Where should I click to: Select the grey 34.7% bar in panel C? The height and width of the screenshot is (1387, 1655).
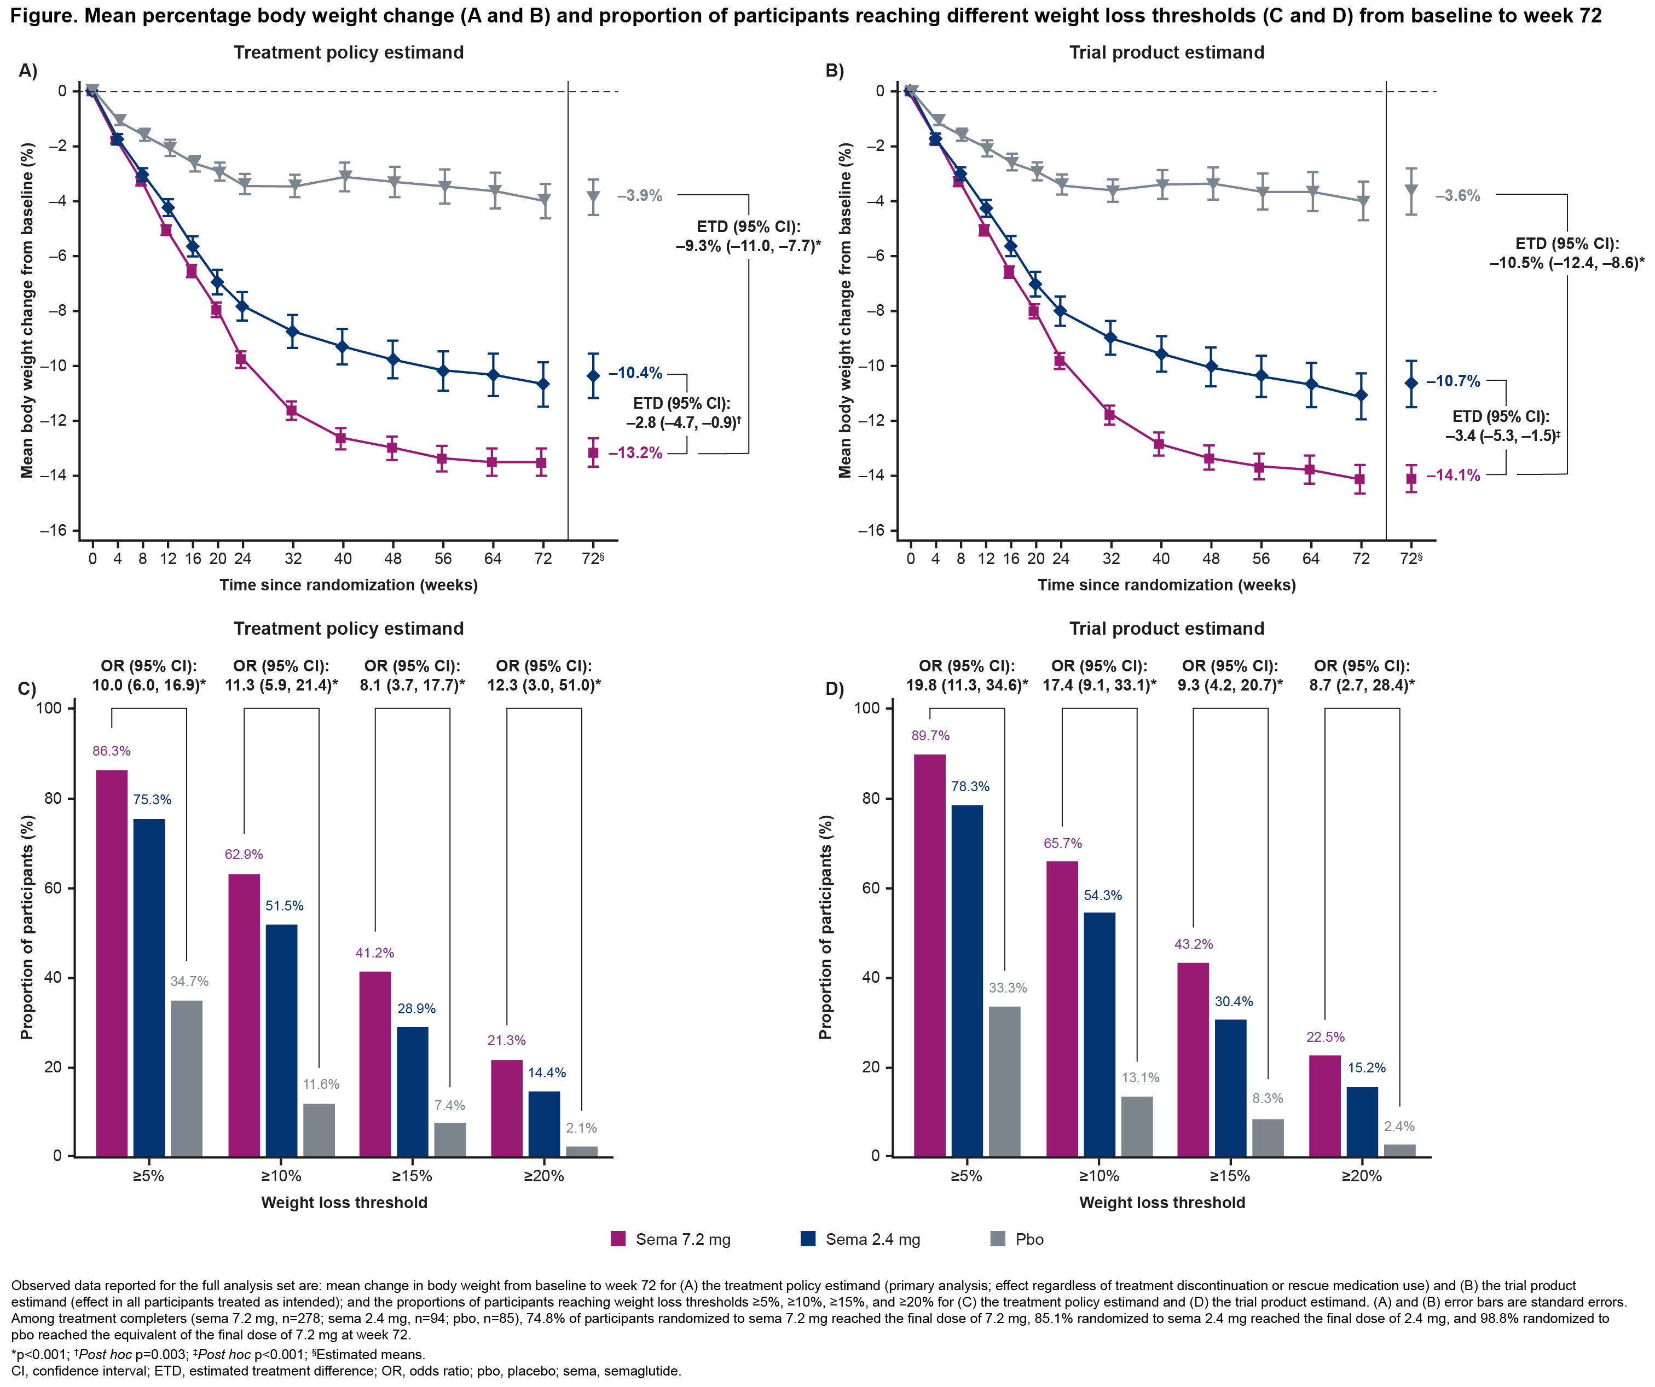[x=187, y=1078]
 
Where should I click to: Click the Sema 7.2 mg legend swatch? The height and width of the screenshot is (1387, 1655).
[x=618, y=1239]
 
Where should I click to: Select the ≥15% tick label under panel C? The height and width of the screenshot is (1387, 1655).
[x=412, y=1176]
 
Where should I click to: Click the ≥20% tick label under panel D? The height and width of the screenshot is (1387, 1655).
[x=1362, y=1176]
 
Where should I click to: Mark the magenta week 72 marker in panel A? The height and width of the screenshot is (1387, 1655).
[x=541, y=462]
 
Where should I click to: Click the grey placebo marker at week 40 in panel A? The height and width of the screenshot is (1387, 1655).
[x=344, y=177]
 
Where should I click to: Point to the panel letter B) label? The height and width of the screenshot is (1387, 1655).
[x=835, y=71]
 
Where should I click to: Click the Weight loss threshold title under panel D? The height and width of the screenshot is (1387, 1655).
[x=1162, y=1203]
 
